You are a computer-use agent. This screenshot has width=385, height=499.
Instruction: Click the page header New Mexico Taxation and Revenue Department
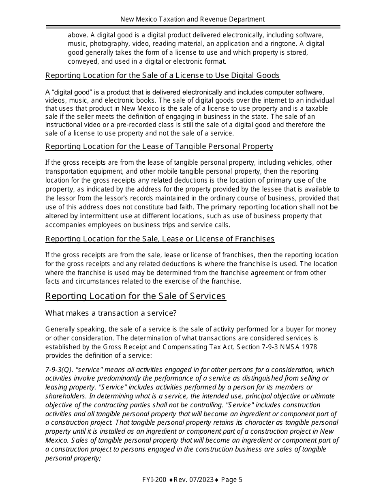(192, 19)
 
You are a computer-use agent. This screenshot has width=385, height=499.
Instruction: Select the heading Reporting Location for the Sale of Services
(135, 296)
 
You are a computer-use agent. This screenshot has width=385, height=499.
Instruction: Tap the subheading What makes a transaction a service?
(111, 313)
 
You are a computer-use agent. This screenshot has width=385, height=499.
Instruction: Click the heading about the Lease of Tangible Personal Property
(159, 146)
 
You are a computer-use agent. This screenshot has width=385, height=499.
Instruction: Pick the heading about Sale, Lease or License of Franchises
(160, 239)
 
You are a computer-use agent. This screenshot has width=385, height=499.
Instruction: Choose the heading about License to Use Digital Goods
(162, 75)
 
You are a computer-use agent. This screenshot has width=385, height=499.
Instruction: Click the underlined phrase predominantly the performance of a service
(164, 379)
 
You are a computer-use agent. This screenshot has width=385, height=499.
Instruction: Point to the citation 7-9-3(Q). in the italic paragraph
(59, 370)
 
